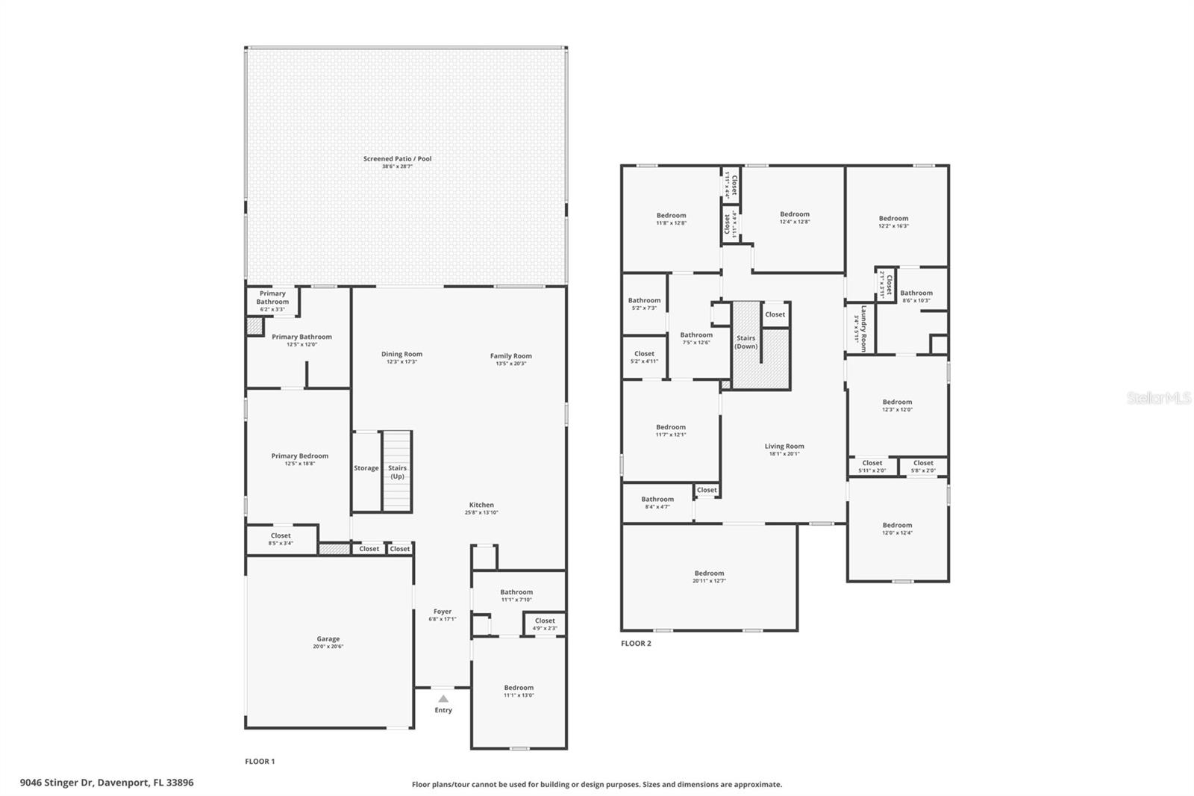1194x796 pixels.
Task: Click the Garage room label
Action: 328,639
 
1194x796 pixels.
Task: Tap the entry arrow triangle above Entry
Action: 443,699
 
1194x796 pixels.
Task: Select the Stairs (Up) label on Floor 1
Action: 397,472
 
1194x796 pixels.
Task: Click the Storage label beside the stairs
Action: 366,468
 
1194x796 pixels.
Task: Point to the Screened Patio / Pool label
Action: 397,159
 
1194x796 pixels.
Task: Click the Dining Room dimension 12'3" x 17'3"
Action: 401,362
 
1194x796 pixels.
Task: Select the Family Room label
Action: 510,356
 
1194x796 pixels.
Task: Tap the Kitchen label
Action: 481,505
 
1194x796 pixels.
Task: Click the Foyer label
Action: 442,612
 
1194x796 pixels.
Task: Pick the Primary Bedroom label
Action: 299,456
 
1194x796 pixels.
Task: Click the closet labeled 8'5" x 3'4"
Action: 281,539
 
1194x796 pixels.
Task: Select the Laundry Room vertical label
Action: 860,328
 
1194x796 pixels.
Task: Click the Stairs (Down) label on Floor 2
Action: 746,342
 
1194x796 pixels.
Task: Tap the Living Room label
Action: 784,447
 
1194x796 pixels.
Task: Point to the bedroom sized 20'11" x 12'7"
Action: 709,576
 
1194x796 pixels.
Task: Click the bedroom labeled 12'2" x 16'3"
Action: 893,222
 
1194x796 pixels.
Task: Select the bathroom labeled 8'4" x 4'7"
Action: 657,503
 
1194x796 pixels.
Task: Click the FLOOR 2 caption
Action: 636,643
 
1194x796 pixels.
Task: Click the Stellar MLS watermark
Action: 1159,399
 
